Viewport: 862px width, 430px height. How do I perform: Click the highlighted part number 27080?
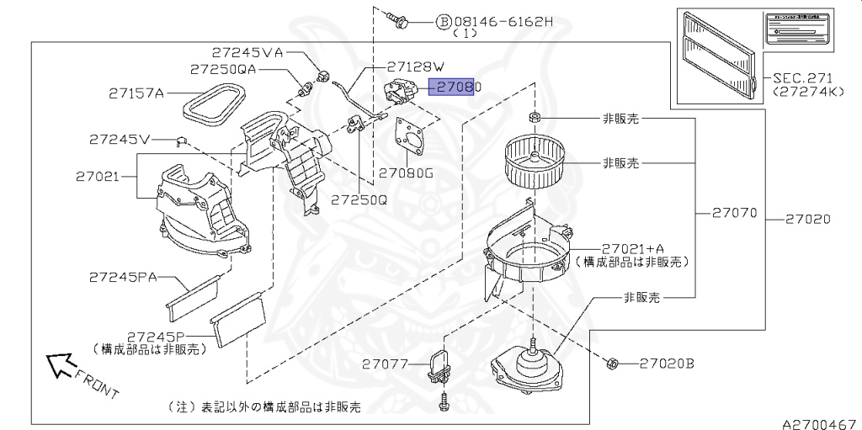point(454,86)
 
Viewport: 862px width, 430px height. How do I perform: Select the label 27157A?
point(136,93)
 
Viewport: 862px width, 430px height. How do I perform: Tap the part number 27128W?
point(415,65)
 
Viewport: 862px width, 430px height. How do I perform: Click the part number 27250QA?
point(222,69)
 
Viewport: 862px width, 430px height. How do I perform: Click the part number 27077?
point(386,364)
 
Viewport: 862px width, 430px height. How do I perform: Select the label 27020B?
point(666,364)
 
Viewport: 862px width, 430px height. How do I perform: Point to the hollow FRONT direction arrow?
point(59,364)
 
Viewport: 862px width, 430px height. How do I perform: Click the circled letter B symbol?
point(443,21)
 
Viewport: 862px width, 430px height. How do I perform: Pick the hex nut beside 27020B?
point(614,364)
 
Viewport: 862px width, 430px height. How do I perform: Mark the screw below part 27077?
point(444,407)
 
